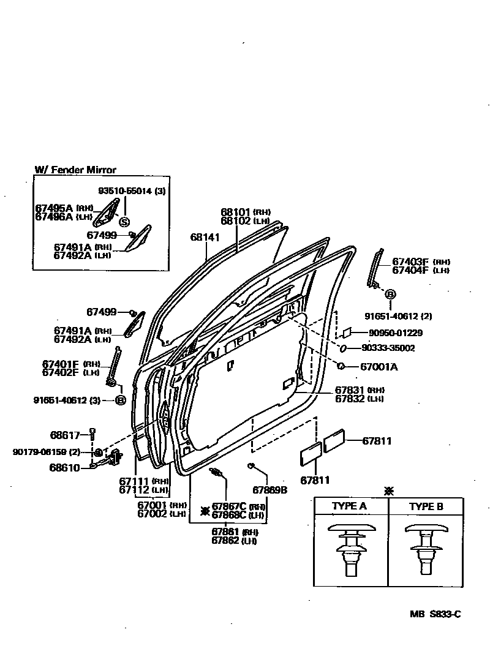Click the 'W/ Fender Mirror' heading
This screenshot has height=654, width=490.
[75, 170]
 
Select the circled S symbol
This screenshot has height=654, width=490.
[124, 222]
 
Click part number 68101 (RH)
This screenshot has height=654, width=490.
[236, 212]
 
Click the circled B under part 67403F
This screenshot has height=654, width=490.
[390, 295]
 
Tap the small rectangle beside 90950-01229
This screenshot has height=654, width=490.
[347, 332]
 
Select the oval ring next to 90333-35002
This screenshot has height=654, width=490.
[344, 348]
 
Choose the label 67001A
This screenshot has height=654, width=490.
[379, 367]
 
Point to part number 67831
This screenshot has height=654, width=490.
[350, 390]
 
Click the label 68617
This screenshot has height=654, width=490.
[65, 435]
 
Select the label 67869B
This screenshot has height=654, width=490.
[270, 490]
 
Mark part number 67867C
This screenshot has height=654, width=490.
[229, 506]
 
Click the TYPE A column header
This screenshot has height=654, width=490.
[349, 506]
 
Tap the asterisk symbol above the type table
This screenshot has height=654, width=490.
[388, 491]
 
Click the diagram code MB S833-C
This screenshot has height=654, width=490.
[435, 614]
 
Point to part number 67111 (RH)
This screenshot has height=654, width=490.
[135, 482]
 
